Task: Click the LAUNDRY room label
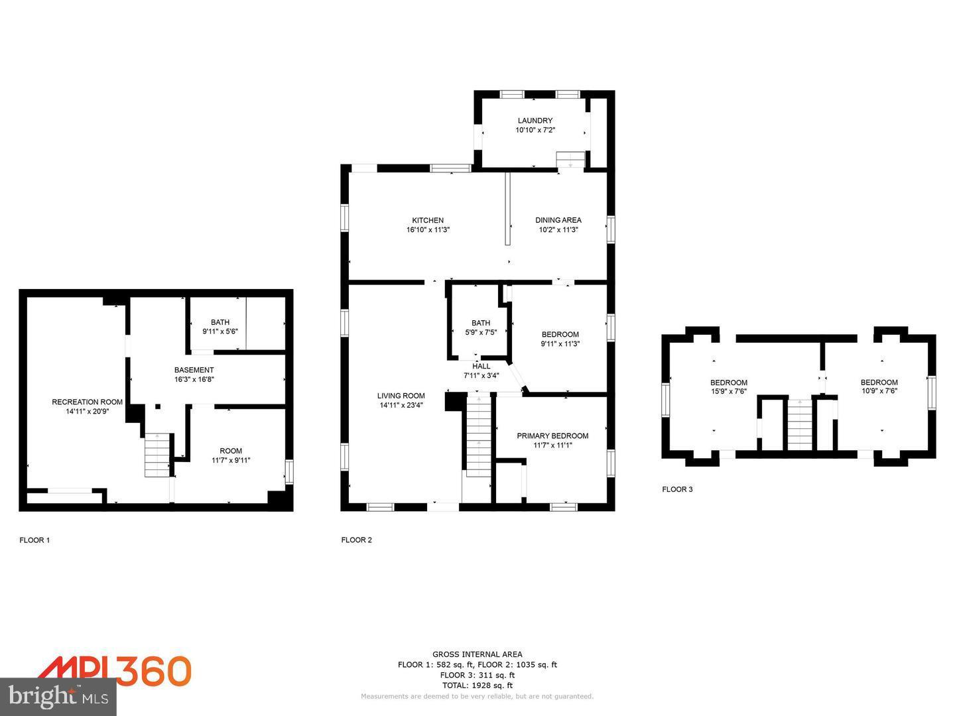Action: (535, 121)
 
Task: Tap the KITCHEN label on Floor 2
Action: (428, 220)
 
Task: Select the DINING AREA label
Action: (558, 220)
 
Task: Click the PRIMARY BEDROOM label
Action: (552, 436)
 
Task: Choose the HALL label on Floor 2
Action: (481, 366)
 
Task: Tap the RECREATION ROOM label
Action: (87, 402)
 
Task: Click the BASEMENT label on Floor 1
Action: (194, 370)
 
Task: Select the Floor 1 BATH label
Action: (220, 322)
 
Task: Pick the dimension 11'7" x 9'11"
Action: (231, 460)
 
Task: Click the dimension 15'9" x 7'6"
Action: (728, 391)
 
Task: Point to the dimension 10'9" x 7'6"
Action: (879, 391)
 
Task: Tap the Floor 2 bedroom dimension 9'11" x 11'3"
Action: (560, 343)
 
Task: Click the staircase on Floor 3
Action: (799, 424)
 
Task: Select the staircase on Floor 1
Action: (158, 455)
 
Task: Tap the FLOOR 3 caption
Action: (677, 489)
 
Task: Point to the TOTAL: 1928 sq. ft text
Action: (477, 686)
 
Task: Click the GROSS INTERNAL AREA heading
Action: (477, 654)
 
